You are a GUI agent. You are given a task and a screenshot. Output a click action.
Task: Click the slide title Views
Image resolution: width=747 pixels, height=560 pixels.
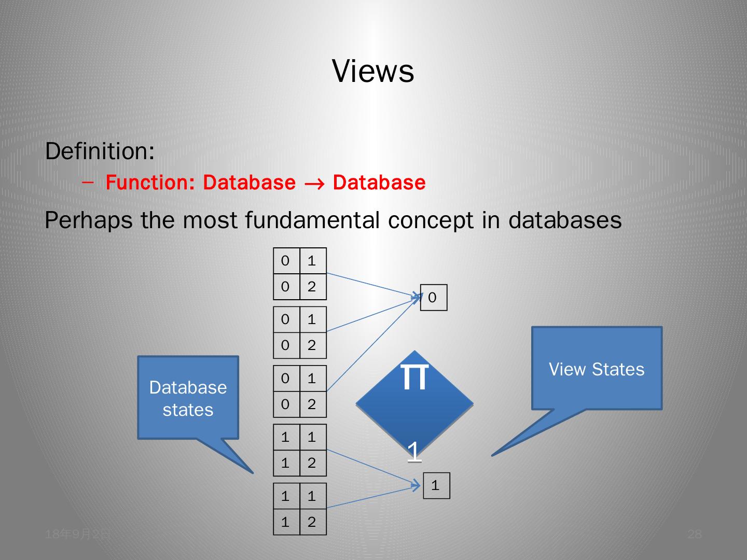373,71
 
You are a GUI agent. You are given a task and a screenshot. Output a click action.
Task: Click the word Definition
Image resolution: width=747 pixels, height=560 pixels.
99,151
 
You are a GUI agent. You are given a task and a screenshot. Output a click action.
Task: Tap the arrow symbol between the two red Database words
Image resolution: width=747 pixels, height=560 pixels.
314,183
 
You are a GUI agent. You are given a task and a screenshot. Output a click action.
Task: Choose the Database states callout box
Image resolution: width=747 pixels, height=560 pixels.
188,398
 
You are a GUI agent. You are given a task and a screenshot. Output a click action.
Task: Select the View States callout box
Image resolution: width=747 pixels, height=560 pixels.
597,369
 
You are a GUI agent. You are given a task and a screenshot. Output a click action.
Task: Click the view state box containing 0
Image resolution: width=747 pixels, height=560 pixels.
433,298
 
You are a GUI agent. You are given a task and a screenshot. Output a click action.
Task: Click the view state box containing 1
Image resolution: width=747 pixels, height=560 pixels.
436,485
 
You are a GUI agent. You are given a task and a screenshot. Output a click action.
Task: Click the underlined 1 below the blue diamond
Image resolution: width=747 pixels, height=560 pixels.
414,451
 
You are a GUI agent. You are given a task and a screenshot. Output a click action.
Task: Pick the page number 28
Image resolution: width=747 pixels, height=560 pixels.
694,535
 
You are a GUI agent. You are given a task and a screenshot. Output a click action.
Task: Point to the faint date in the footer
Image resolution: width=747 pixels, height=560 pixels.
78,534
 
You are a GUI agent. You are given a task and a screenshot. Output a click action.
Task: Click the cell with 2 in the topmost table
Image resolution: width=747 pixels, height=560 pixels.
312,287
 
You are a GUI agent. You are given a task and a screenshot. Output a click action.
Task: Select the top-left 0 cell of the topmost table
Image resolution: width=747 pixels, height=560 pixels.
286,261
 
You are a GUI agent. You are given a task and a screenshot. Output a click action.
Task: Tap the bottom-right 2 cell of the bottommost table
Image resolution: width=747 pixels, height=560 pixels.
312,522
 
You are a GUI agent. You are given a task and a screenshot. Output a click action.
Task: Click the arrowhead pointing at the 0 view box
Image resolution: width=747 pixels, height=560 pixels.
417,297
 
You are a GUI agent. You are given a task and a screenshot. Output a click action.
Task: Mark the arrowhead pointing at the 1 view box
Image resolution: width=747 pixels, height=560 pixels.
417,486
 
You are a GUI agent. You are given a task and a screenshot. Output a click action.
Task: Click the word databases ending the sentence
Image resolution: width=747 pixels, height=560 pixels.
565,220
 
